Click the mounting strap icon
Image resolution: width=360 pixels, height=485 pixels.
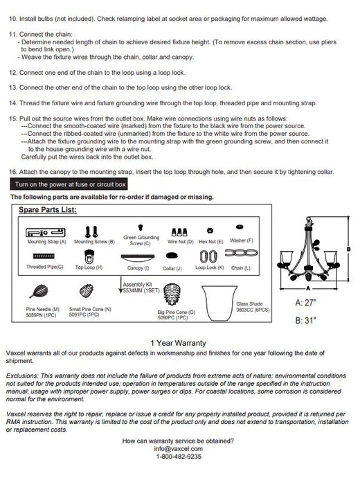pos(46,232)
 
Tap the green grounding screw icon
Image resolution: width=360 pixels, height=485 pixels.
pos(141,227)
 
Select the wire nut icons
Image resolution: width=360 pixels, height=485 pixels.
pos(179,232)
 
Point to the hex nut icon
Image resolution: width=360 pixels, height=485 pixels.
pos(210,231)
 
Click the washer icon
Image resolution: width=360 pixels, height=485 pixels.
pos(240,227)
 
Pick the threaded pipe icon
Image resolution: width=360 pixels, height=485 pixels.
pos(44,256)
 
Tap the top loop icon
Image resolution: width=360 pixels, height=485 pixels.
pos(89,256)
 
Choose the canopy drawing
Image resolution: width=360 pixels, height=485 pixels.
pos(138,258)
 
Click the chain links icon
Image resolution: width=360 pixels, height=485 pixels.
pos(242,253)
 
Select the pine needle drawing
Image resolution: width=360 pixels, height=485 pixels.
pos(39,291)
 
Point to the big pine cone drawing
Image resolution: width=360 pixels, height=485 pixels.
pos(172,294)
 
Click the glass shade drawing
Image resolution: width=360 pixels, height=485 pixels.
pos(219,303)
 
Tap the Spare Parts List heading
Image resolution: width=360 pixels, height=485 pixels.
pos(48,210)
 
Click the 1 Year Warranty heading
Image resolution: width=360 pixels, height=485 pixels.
pos(179,343)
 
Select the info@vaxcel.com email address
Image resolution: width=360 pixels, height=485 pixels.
pos(179,448)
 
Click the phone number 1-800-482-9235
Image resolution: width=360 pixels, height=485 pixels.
pos(179,456)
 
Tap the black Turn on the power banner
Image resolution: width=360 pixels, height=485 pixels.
pos(69,184)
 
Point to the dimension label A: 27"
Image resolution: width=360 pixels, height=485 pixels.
pos(305,303)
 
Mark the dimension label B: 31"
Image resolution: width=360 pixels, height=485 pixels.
pos(305,320)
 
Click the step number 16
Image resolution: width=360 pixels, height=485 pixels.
pos(12,172)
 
